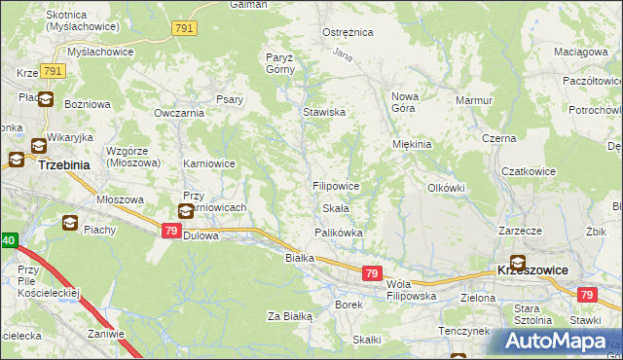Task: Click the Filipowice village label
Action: tap(336, 185)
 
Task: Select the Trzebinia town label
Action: tap(44, 165)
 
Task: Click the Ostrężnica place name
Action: tap(348, 32)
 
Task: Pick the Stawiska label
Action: tap(324, 113)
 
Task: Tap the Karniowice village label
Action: tap(209, 163)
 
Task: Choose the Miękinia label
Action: tap(411, 144)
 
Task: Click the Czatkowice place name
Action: tap(528, 171)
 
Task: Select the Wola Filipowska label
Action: tap(408, 288)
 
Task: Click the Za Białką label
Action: tap(289, 316)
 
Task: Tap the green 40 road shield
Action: tap(8, 239)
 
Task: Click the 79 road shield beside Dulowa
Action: tap(171, 231)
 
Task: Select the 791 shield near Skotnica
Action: tap(184, 29)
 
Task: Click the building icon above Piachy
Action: tap(71, 223)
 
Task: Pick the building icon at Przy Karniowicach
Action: tap(186, 210)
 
